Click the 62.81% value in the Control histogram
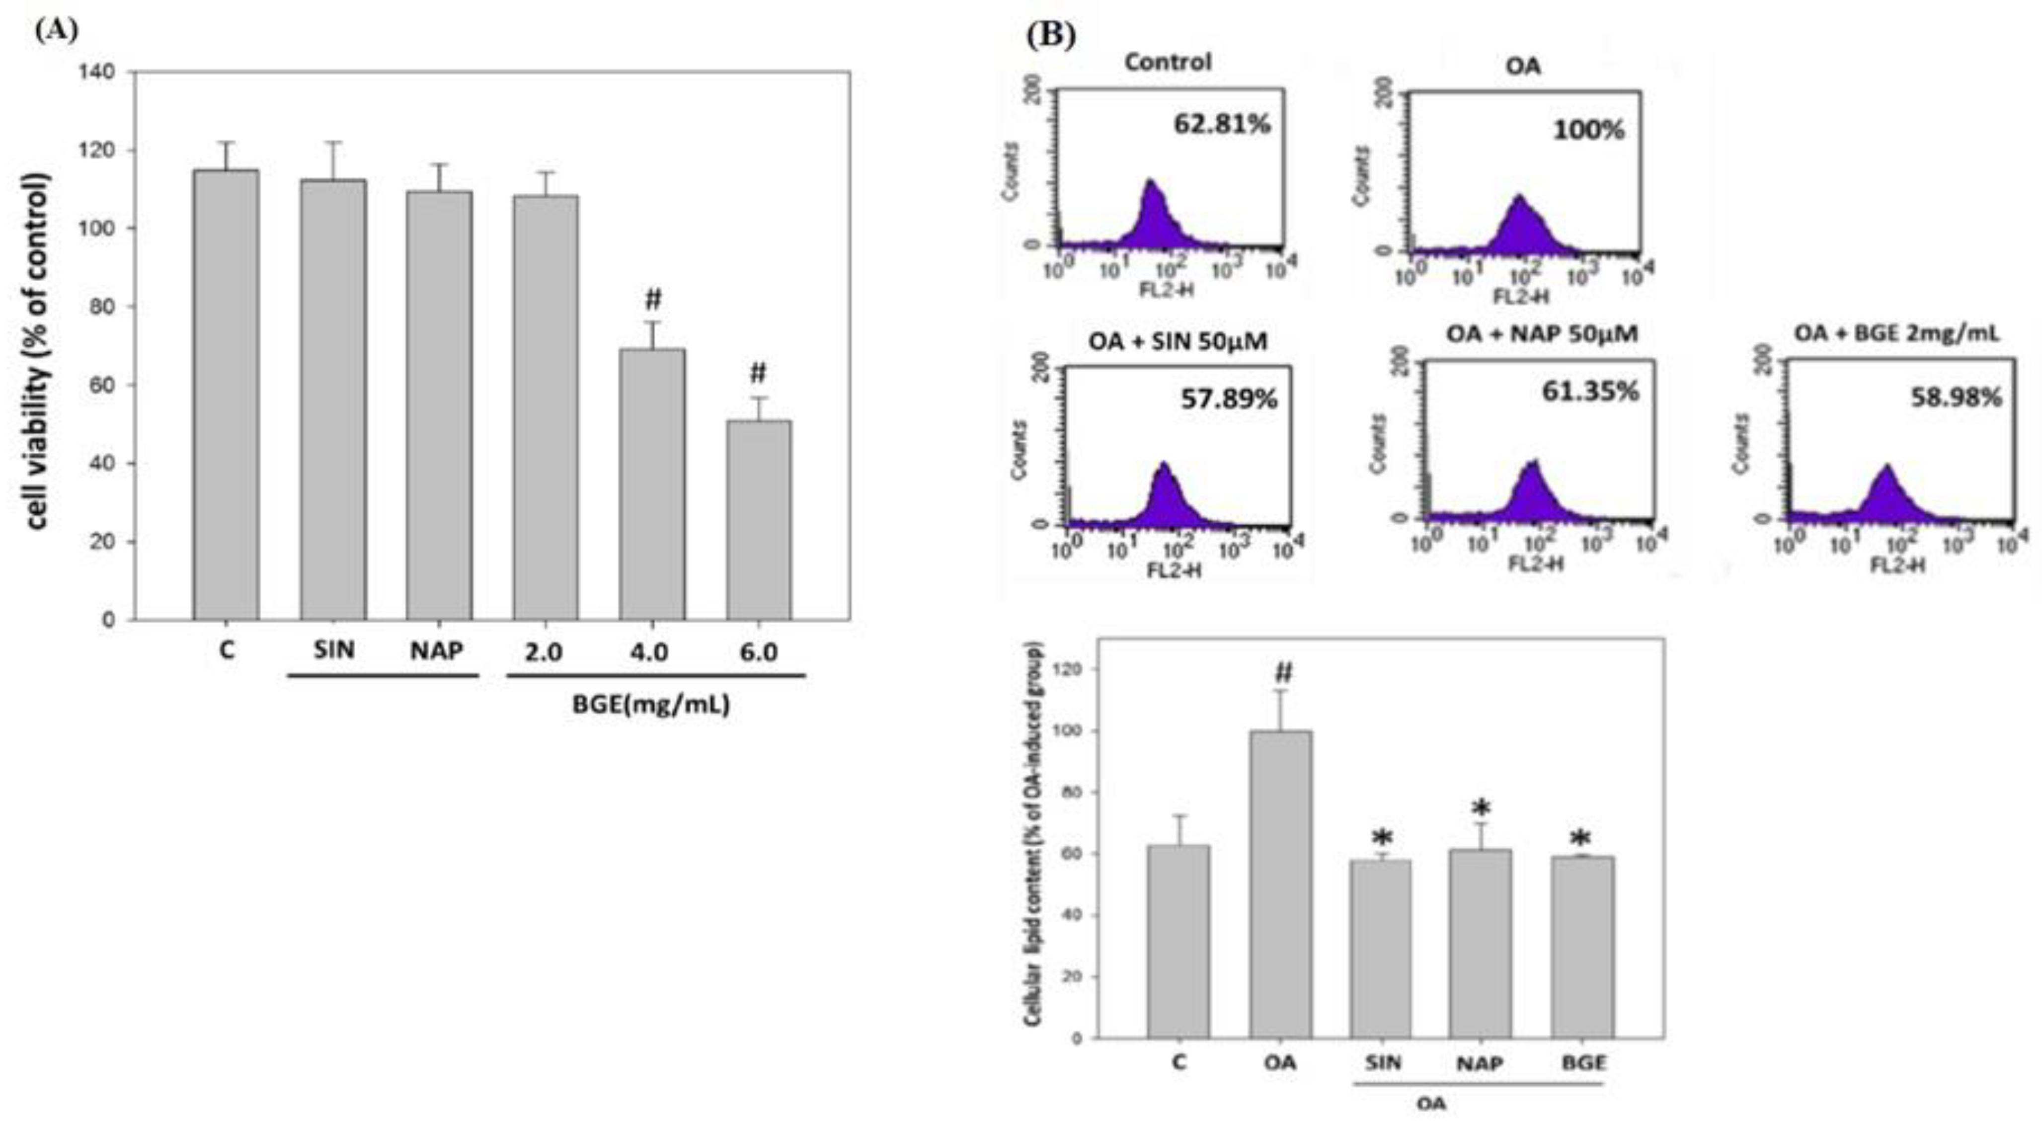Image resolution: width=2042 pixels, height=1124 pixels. pos(1222,124)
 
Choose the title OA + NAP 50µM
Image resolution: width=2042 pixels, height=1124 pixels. pos(1542,334)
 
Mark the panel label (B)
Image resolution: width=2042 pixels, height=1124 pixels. pos(1051,36)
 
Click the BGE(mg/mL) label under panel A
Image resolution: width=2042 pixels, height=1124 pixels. pos(651,704)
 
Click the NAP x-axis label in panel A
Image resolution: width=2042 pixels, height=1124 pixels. pos(437,651)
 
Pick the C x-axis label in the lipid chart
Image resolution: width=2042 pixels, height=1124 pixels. pos(1179,1062)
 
